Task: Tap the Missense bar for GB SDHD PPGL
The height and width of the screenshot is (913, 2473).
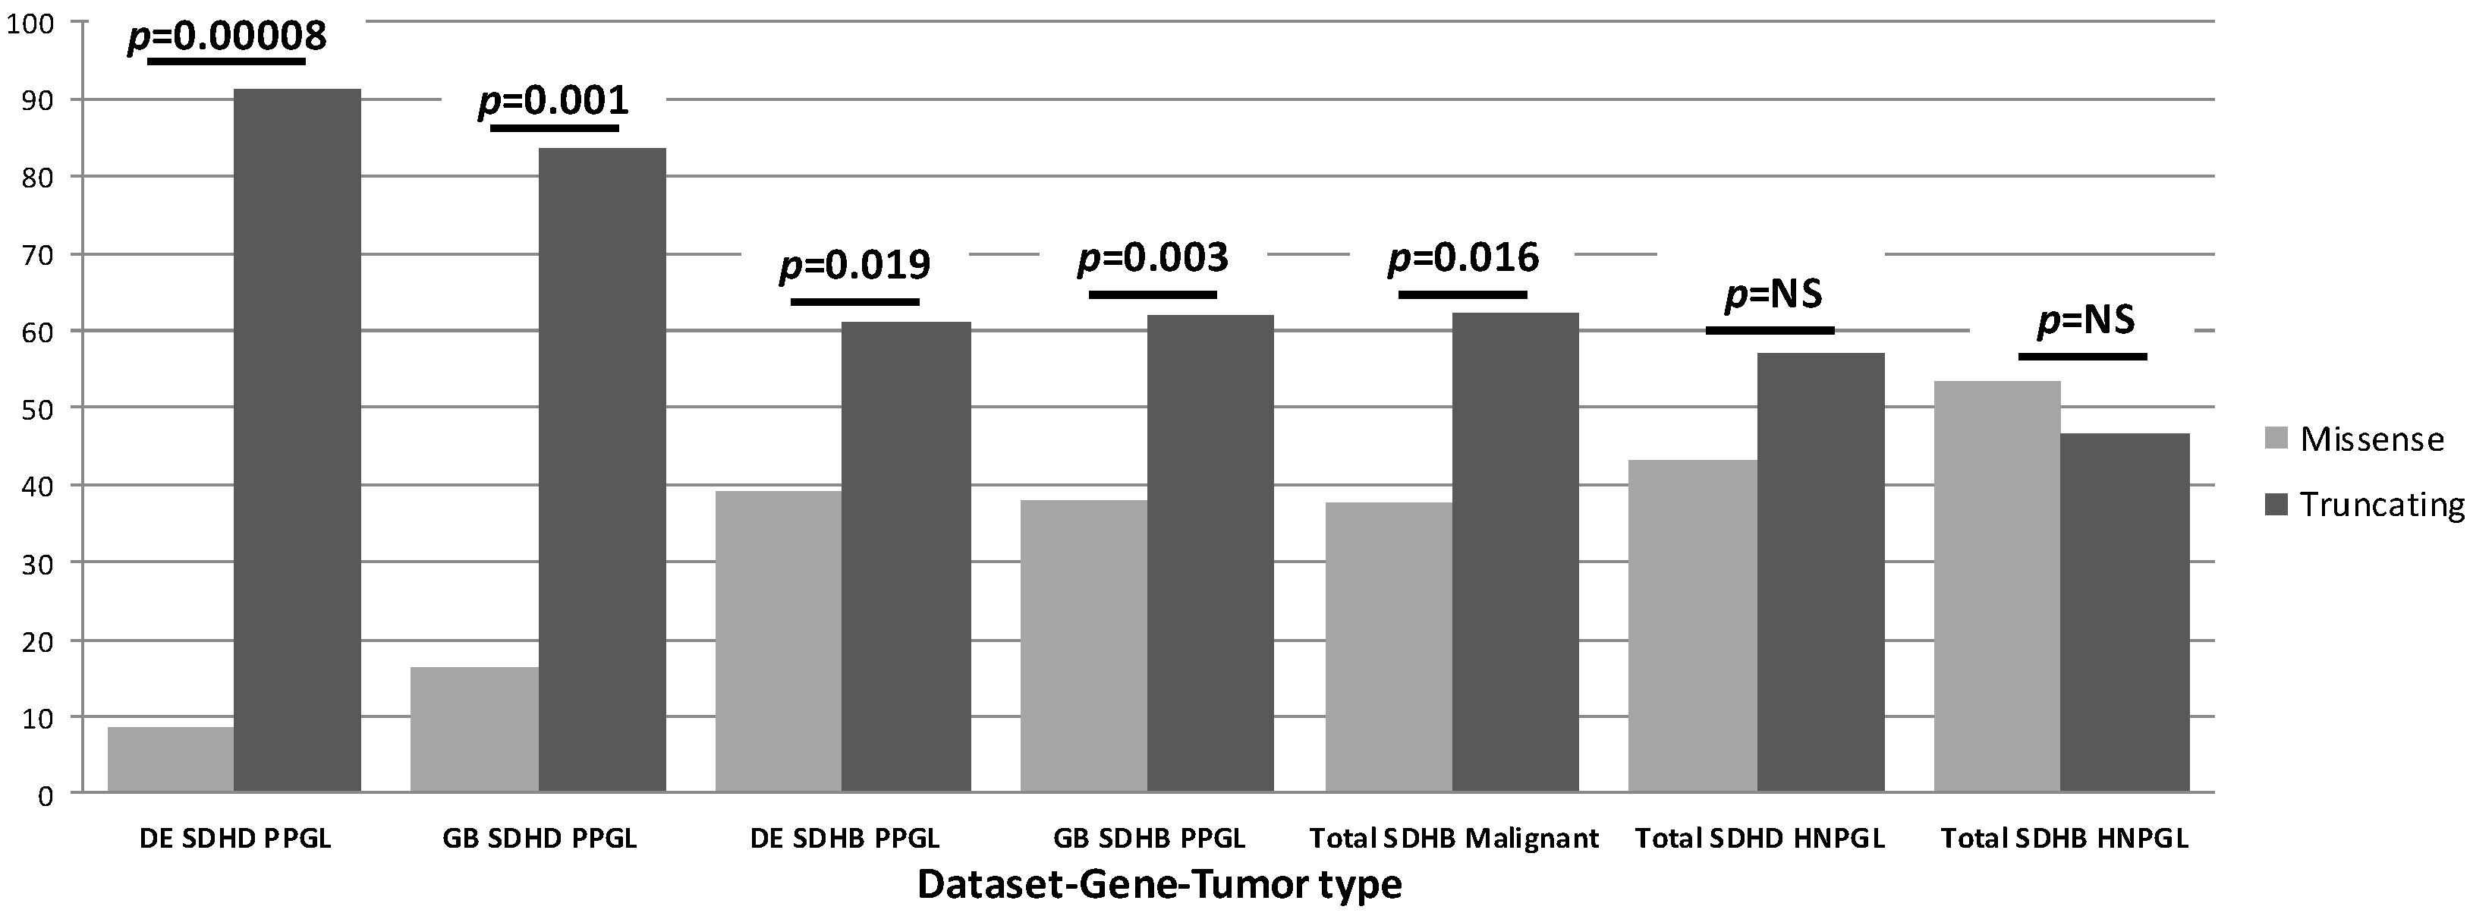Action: click(474, 729)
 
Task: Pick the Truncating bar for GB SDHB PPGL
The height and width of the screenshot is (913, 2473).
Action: click(1210, 553)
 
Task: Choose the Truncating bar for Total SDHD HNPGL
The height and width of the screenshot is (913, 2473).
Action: click(1820, 572)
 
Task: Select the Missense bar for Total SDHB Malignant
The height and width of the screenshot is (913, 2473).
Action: click(1387, 647)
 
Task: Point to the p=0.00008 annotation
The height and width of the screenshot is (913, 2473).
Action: click(227, 36)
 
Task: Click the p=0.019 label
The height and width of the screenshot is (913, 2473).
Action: click(854, 264)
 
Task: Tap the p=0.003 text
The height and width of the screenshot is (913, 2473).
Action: click(1152, 257)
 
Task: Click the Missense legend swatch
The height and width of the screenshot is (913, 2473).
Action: click(2276, 439)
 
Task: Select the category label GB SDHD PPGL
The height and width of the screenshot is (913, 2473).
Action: click(539, 838)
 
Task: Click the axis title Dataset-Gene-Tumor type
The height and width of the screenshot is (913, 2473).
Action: click(1159, 884)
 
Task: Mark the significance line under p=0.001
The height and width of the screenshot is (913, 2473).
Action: click(554, 128)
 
